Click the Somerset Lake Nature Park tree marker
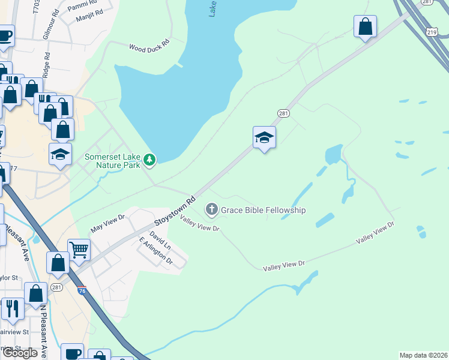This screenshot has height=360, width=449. pyautogui.click(x=149, y=160)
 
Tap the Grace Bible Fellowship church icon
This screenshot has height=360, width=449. pyautogui.click(x=211, y=209)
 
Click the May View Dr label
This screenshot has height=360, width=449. pyautogui.click(x=107, y=224)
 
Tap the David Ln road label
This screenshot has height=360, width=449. pyautogui.click(x=160, y=240)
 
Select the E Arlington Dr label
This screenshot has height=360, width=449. pyautogui.click(x=155, y=252)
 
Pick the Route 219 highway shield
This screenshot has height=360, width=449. pyautogui.click(x=432, y=32)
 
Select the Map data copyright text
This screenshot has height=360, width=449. pyautogui.click(x=424, y=355)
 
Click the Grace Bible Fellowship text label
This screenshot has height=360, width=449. pyautogui.click(x=264, y=210)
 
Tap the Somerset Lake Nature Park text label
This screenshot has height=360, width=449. pyautogui.click(x=112, y=161)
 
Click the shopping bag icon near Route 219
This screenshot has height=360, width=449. pyautogui.click(x=365, y=26)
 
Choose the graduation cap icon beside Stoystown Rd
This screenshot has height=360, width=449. pyautogui.click(x=264, y=137)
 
